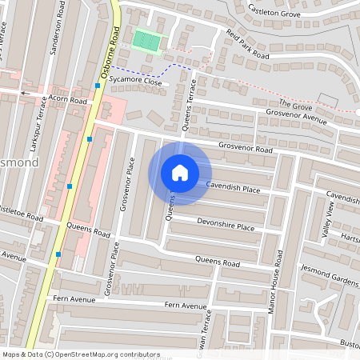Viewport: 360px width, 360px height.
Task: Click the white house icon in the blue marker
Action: (x=180, y=172)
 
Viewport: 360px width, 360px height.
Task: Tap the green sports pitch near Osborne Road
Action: (x=146, y=40)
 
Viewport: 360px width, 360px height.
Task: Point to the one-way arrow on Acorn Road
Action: (x=24, y=93)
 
